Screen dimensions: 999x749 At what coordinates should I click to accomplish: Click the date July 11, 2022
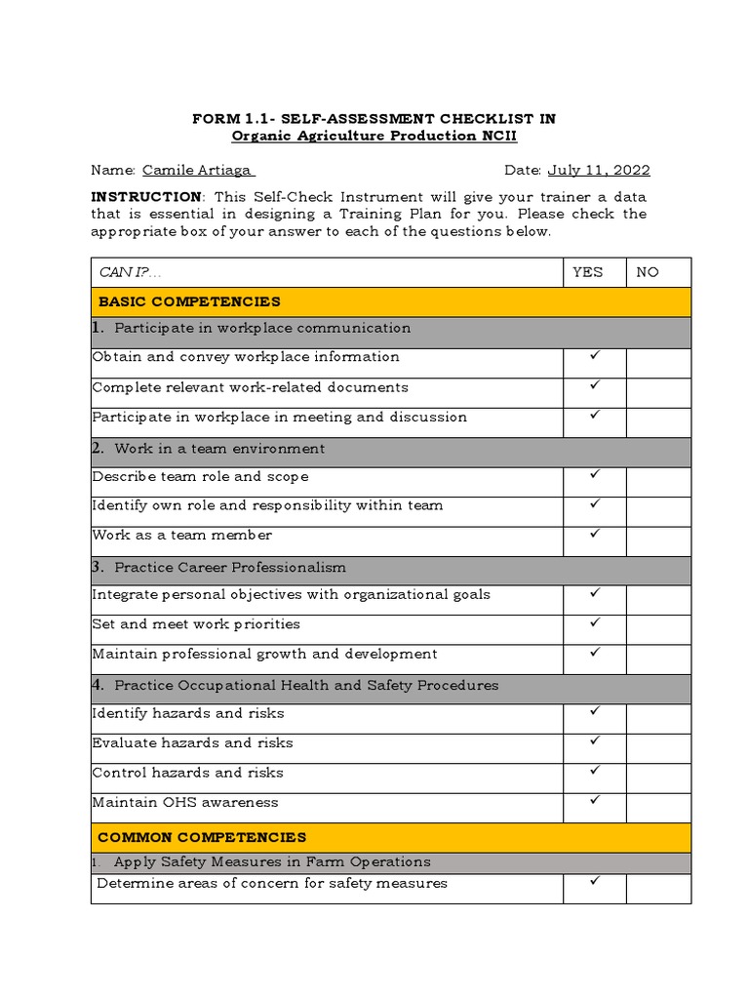pyautogui.click(x=598, y=170)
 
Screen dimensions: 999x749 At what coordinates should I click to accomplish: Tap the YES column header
pyautogui.click(x=587, y=272)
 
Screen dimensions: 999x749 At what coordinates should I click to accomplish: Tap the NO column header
pyautogui.click(x=648, y=272)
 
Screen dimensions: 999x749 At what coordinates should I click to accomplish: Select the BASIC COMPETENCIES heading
pyautogui.click(x=188, y=301)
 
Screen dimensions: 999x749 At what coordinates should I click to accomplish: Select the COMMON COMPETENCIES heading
pyautogui.click(x=202, y=837)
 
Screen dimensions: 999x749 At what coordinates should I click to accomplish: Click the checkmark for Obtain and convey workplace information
pyautogui.click(x=594, y=356)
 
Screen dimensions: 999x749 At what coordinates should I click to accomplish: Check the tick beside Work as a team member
pyautogui.click(x=594, y=534)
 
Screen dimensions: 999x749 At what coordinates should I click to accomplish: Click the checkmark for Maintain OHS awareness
pyautogui.click(x=594, y=801)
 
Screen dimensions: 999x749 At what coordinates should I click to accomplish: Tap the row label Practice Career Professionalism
pyautogui.click(x=229, y=567)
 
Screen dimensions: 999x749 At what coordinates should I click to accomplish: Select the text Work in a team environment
pyautogui.click(x=219, y=449)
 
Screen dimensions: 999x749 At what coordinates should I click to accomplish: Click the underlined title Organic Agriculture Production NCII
pyautogui.click(x=374, y=136)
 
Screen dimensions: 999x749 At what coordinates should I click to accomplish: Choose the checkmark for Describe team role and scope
pyautogui.click(x=594, y=475)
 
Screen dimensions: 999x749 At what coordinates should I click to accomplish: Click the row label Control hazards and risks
pyautogui.click(x=187, y=773)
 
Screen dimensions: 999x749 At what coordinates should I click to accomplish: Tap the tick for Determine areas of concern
pyautogui.click(x=594, y=881)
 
